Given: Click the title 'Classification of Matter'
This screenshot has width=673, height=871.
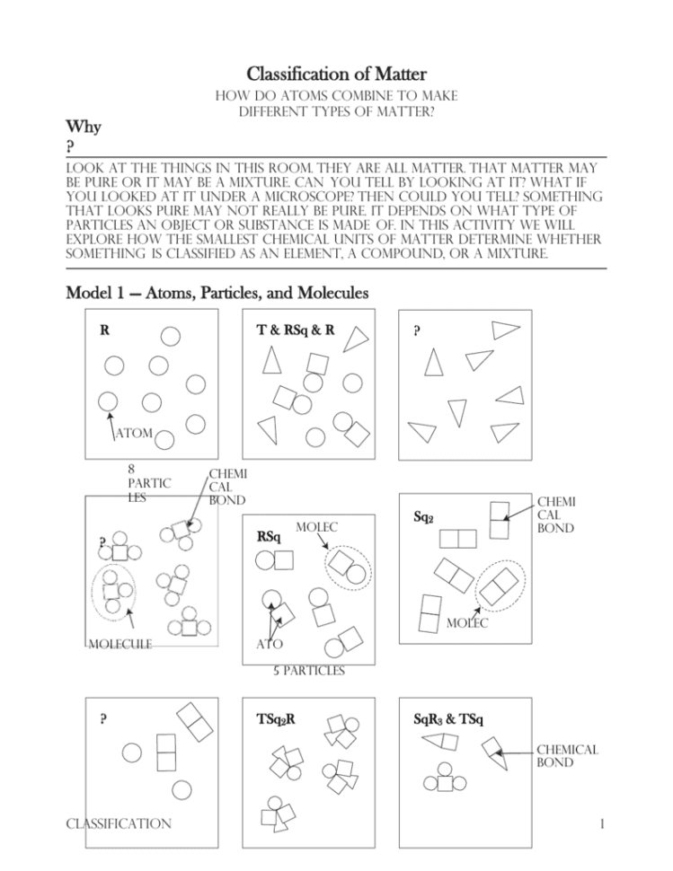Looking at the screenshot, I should click(336, 74).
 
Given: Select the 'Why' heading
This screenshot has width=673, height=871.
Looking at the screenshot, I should click(84, 127).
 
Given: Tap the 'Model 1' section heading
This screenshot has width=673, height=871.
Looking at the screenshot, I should click(216, 293).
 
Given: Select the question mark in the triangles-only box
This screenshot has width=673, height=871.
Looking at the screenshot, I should click(417, 330).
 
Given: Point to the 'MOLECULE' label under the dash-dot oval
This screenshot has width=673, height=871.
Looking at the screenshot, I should click(119, 644).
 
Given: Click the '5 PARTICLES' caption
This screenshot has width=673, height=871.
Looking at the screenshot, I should click(308, 670).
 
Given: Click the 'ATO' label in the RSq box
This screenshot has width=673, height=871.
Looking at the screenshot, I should click(270, 644).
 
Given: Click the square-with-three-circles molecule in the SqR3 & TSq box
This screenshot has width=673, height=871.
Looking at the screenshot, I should click(446, 780).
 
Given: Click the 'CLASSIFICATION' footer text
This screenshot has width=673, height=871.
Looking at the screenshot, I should click(117, 823).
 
